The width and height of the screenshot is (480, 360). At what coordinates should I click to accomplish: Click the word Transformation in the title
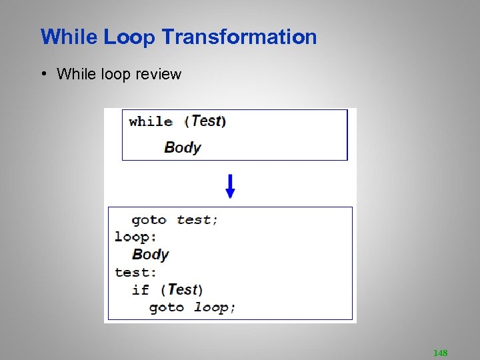(x=239, y=37)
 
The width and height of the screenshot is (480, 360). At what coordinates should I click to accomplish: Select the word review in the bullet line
(x=158, y=74)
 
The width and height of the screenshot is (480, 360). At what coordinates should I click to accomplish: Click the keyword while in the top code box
(x=151, y=121)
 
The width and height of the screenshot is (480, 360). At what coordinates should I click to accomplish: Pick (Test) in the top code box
(x=205, y=121)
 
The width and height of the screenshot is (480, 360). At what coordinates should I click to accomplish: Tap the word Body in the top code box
(x=183, y=147)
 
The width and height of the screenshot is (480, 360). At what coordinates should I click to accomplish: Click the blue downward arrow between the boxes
(x=230, y=186)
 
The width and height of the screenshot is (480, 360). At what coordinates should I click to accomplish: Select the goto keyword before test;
(x=149, y=220)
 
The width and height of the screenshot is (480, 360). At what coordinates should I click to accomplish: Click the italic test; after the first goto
(x=197, y=220)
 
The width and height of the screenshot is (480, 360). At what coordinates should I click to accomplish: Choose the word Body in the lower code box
(x=151, y=254)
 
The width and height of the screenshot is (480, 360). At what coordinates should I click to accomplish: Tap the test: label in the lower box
(x=135, y=272)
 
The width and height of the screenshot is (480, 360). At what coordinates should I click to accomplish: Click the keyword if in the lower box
(x=141, y=289)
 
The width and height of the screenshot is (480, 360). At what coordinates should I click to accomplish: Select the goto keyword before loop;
(x=166, y=307)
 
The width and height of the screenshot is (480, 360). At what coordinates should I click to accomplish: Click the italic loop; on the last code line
(x=215, y=307)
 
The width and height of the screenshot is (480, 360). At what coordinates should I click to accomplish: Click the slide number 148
(x=440, y=353)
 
